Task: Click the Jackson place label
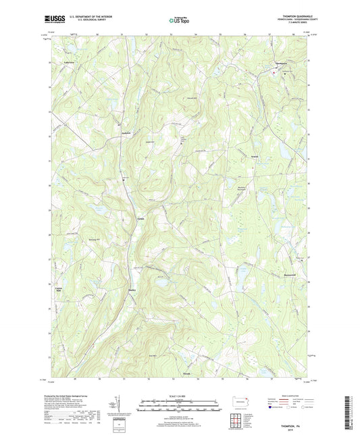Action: click(x=125, y=132)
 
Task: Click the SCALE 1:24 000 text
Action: click(x=180, y=394)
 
